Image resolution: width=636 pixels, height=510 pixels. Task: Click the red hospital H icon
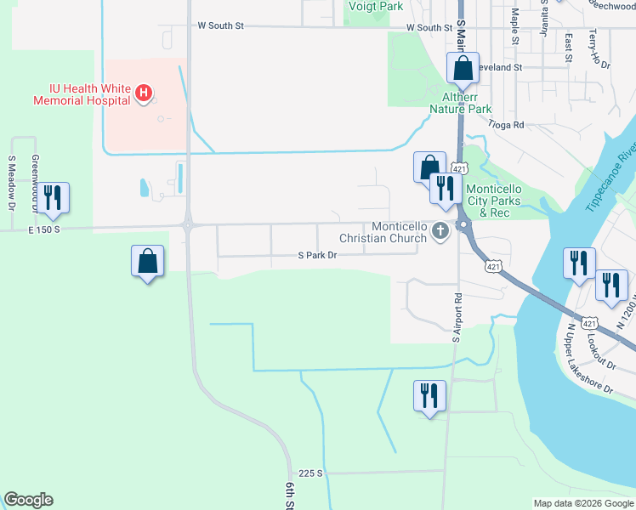[145, 93]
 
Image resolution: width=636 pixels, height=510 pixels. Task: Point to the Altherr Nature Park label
[460, 103]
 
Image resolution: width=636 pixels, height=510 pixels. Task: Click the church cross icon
[440, 229]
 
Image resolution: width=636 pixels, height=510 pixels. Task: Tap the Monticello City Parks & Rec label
[500, 201]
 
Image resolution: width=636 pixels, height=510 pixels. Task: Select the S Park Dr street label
[317, 255]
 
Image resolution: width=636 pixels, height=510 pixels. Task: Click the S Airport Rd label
[456, 317]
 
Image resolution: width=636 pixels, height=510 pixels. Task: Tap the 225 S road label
[311, 473]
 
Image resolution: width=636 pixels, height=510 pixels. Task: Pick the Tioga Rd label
[507, 124]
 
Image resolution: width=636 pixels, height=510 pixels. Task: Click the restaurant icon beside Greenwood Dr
[53, 198]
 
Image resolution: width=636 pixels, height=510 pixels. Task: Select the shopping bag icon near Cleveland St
[463, 68]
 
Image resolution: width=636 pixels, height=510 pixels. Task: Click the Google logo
[28, 500]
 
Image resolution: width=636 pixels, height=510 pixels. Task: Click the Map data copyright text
[582, 503]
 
